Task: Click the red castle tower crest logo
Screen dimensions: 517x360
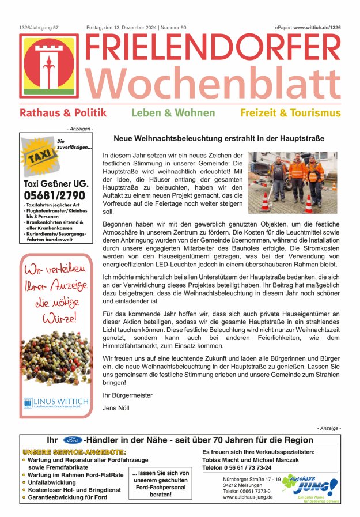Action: [x=48, y=66]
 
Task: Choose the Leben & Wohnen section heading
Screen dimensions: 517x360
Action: [x=173, y=114]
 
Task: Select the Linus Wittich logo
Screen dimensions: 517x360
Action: [x=56, y=402]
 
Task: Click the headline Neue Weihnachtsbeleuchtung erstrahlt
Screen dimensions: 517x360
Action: [x=219, y=139]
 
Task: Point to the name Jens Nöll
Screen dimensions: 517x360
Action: [x=116, y=408]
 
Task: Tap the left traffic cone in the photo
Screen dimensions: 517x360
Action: [x=266, y=202]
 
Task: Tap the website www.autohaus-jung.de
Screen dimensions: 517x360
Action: [x=248, y=497]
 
